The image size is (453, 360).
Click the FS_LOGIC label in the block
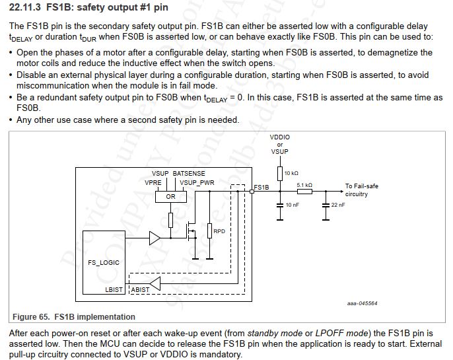104,262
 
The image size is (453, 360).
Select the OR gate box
170,196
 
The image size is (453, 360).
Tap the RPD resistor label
220,231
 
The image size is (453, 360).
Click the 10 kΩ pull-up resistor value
291,172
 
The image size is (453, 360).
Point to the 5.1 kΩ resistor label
304,185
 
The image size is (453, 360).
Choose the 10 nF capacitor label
292,205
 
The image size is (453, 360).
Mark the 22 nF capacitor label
338,205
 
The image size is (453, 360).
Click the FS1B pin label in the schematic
262,187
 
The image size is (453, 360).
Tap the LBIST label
114,289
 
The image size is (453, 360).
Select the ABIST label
141,289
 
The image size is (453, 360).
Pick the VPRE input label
153,182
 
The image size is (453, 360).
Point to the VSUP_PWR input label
196,182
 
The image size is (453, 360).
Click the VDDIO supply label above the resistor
280,137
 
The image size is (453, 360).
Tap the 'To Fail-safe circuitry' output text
362,190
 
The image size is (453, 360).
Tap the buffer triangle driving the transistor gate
155,236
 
